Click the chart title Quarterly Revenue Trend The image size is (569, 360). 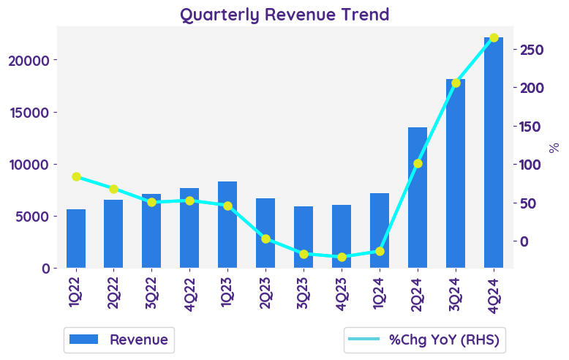284,15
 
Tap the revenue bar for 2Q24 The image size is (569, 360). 418,198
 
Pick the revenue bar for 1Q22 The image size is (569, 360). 76,239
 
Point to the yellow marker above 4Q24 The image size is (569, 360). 494,37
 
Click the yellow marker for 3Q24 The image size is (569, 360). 456,83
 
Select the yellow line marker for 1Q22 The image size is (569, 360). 76,176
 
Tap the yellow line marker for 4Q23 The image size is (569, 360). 342,257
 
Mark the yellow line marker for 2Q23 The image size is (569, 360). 265,239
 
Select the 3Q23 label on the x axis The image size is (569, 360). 304,296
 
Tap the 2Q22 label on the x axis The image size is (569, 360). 113,296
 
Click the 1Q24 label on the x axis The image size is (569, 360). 380,296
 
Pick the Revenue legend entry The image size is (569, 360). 119,340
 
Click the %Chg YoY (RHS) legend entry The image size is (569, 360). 426,340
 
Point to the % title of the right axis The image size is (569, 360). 554,147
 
